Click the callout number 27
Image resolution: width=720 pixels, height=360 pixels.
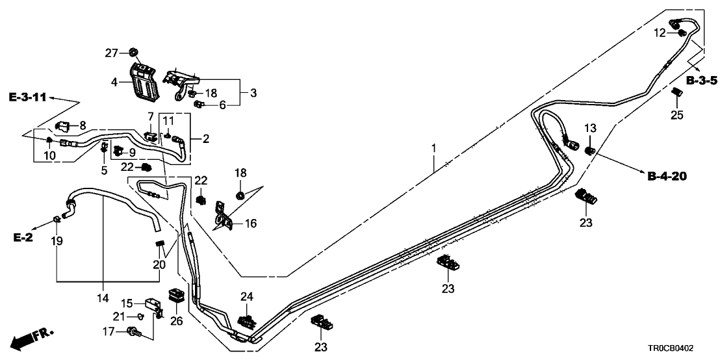(112, 53)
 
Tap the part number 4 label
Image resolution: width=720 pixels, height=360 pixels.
(114, 83)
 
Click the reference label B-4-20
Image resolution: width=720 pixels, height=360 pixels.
(667, 175)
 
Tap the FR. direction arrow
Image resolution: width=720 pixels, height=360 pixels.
(32, 339)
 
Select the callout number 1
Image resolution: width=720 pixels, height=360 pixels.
(433, 149)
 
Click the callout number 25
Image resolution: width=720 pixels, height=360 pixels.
(677, 116)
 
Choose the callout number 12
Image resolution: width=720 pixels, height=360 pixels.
(659, 32)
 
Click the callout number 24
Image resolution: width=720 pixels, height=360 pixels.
(246, 297)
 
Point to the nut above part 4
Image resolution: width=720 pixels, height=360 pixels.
(133, 51)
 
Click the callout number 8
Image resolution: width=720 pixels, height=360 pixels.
(82, 125)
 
